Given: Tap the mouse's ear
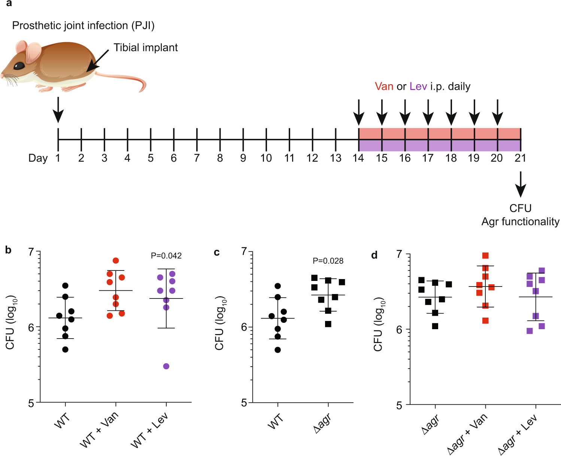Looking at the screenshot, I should (x=33, y=52).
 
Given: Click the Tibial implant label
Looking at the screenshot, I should (x=146, y=48).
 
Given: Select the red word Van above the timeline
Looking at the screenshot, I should (x=384, y=86).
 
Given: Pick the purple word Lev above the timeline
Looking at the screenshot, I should (x=418, y=86).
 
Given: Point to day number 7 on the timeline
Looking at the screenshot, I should (x=197, y=158).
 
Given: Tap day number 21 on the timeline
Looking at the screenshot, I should (x=520, y=158).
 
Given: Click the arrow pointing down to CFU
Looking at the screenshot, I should (x=521, y=184).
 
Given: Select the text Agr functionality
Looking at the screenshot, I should (x=520, y=222).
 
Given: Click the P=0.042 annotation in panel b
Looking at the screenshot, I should (x=166, y=256).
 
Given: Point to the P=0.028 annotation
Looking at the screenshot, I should (x=328, y=261).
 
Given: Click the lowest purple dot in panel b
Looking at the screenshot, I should (x=166, y=366).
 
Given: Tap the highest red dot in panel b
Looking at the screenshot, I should (x=116, y=261).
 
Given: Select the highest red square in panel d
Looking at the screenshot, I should (x=485, y=256).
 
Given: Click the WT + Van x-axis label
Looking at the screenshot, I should (x=99, y=429).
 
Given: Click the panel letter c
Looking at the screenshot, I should (x=217, y=253).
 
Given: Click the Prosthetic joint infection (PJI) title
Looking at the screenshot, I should (x=83, y=25).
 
